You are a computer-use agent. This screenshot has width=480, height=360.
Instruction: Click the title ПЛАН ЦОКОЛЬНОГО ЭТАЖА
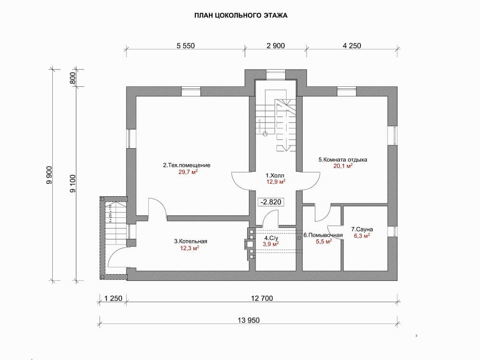point(241,16)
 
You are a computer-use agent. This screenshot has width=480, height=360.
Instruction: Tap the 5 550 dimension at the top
point(185,46)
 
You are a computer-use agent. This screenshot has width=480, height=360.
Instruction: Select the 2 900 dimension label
point(276,46)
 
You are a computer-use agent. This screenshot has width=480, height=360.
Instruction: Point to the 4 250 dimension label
point(352,46)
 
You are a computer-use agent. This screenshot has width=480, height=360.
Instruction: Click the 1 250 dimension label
point(113,298)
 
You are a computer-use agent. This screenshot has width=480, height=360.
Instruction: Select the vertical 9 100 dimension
point(73,184)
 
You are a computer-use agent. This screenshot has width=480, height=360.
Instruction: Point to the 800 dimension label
point(73,78)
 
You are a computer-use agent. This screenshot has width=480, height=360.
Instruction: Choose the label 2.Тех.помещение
point(187,165)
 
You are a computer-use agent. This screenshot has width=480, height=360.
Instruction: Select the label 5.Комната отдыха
point(342,160)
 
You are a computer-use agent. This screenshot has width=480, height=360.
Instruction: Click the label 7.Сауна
point(362,229)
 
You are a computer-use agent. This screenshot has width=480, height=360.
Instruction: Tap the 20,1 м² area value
point(343,166)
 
